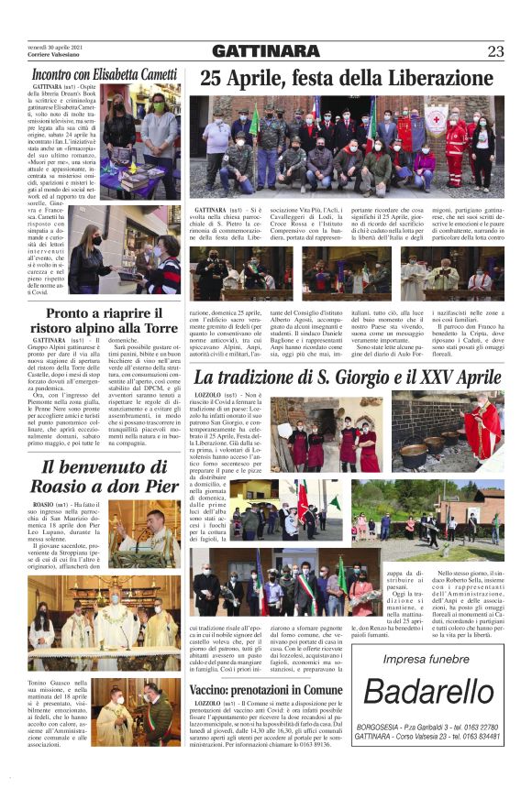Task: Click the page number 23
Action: (x=495, y=50)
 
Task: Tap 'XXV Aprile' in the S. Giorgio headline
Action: (x=454, y=378)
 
